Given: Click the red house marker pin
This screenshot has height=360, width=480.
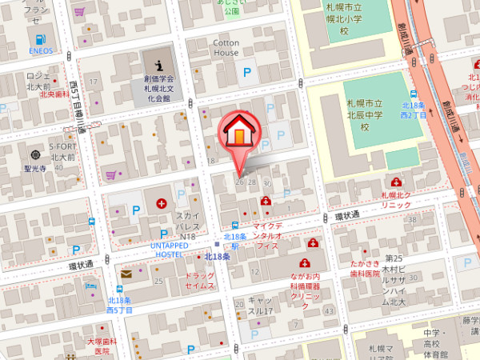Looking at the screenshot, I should tap(239, 134).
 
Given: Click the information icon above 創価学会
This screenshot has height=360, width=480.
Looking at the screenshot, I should tap(158, 63).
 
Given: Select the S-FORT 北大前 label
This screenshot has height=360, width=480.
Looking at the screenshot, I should tap(63, 151).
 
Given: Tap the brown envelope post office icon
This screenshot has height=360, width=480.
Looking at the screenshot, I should tap(126, 274).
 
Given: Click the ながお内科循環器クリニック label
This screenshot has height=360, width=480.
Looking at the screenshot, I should tap(305, 286).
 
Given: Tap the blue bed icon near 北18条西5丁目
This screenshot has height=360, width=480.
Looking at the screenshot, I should tap(90, 285).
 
